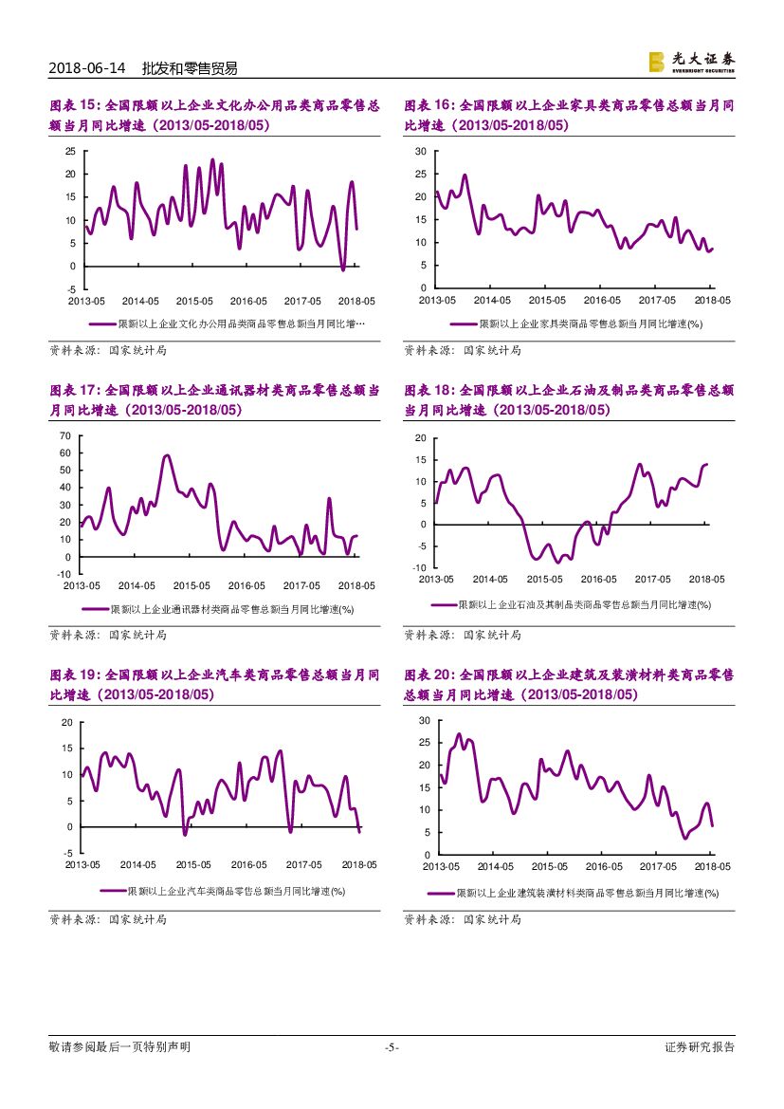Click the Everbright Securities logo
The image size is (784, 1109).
[x=691, y=62]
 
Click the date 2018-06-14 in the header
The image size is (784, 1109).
[x=86, y=68]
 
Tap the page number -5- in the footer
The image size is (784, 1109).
[x=392, y=1047]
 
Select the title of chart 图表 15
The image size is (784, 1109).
[x=214, y=115]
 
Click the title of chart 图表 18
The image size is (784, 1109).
[x=569, y=399]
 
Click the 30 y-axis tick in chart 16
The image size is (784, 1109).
[x=421, y=151]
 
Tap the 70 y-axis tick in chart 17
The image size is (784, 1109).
[x=65, y=435]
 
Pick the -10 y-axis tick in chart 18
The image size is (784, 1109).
[x=419, y=567]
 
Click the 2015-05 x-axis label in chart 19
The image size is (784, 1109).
[x=192, y=864]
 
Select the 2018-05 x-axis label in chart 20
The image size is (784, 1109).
[x=712, y=866]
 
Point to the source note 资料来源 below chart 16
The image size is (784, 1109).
[x=463, y=350]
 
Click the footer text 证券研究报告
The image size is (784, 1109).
[x=700, y=1047]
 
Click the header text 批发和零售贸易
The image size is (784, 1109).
[x=189, y=68]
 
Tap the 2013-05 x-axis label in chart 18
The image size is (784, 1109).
[x=436, y=579]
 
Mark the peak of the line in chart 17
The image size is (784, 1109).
[x=167, y=455]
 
